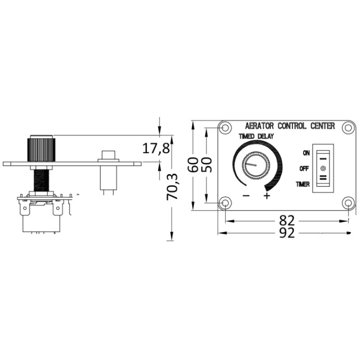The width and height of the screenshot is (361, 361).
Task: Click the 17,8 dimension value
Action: point(156,148)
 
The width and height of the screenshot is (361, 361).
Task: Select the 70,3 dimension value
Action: point(172,187)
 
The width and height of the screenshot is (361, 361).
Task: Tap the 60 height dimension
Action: point(193,165)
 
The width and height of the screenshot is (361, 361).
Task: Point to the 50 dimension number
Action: point(206,165)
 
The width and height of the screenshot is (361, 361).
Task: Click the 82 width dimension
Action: point(287,220)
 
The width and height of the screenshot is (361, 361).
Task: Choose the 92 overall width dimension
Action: point(287,233)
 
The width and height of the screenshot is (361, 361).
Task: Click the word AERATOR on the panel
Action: point(259,126)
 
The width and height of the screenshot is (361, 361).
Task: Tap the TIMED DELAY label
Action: point(256,136)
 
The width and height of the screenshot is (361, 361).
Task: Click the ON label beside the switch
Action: point(306,153)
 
